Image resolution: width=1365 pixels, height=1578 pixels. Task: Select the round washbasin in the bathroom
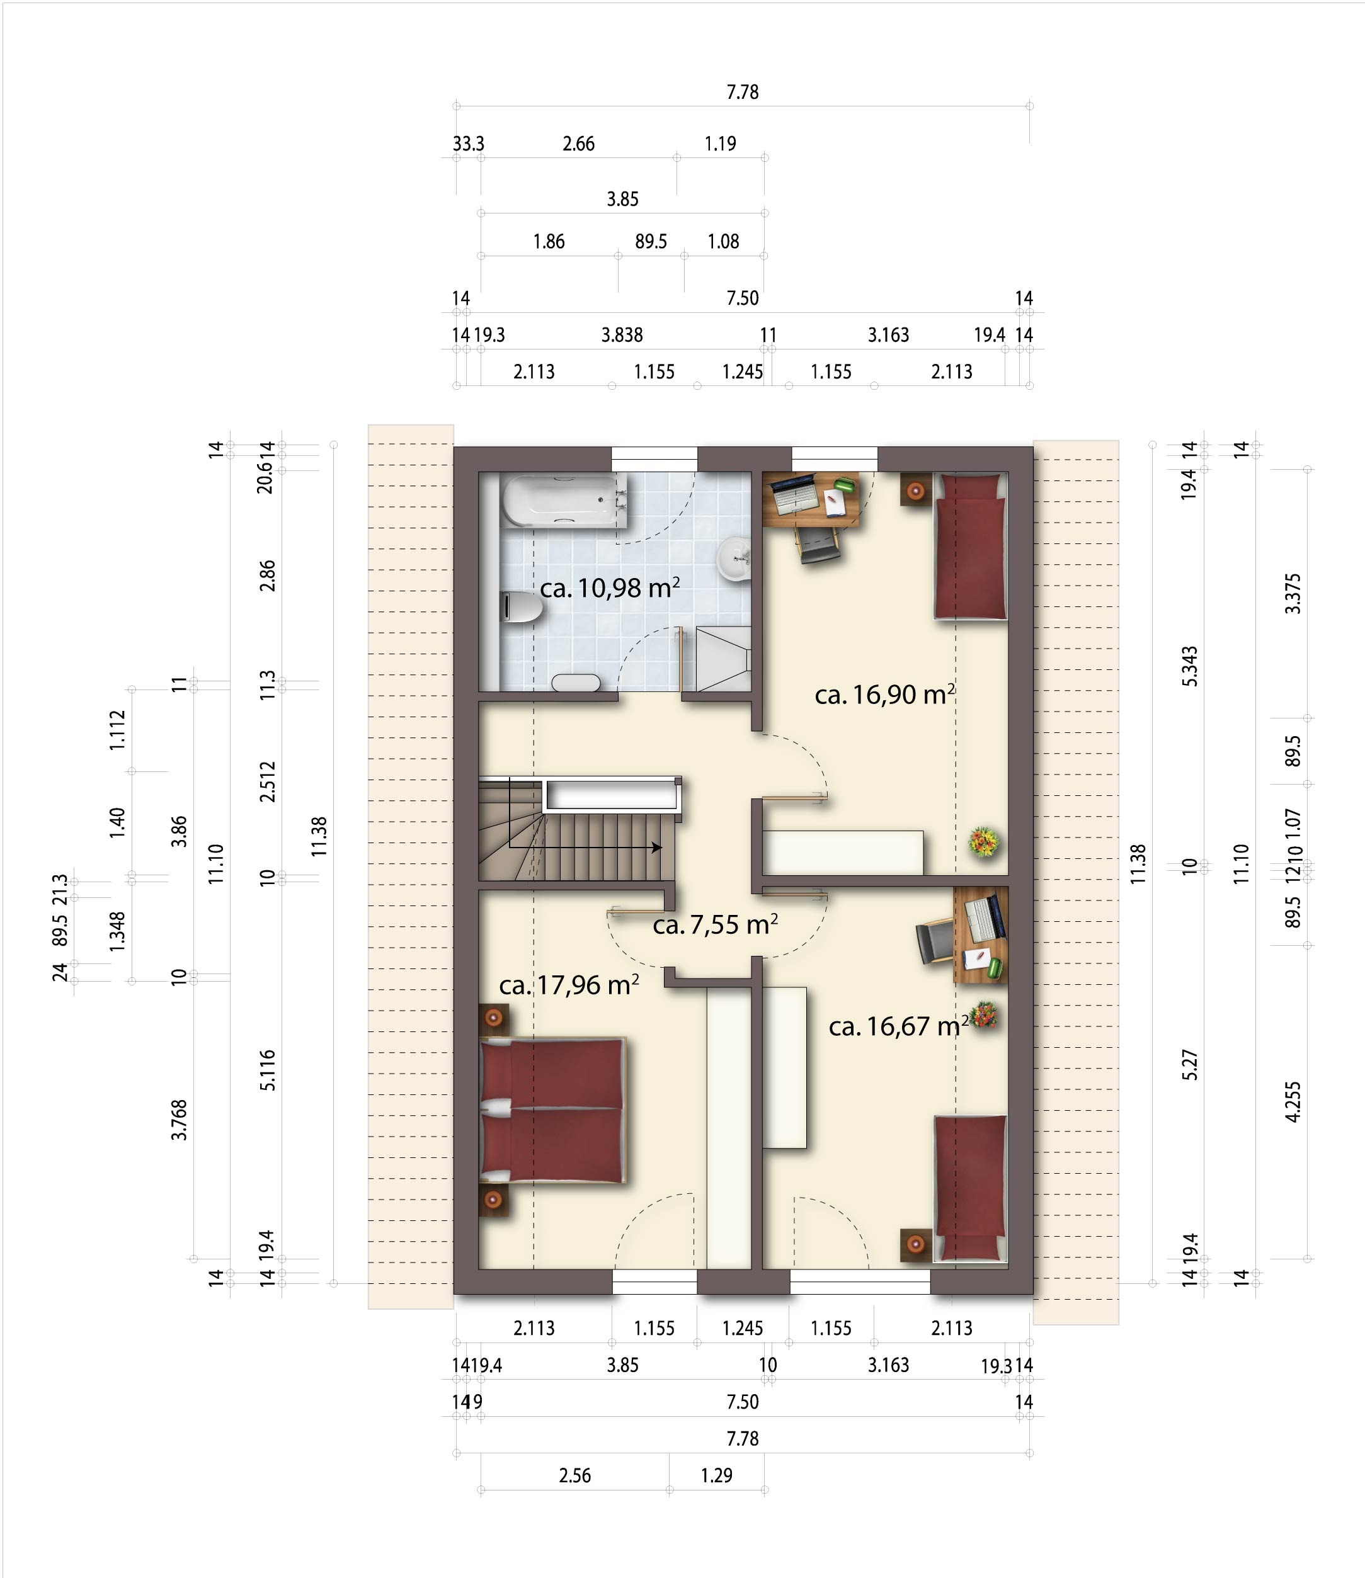pos(734,559)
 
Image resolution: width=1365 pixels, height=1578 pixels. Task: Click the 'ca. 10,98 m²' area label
pos(609,588)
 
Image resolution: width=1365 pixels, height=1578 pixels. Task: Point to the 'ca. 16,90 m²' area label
pos(884,695)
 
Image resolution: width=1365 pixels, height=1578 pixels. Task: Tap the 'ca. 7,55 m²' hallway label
pos(715,924)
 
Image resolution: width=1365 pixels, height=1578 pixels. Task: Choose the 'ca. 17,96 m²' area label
pos(569,985)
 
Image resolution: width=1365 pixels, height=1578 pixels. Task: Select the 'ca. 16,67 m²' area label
pos(898,1026)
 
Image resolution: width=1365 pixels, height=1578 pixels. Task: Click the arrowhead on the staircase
pos(656,847)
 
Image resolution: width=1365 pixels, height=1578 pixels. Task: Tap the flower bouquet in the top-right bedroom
pos(984,843)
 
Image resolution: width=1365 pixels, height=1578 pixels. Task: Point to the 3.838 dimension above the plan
pos(622,335)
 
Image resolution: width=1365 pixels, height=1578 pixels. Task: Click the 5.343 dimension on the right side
pos(1190,666)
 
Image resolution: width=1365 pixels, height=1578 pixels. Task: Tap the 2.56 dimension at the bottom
pos(575,1476)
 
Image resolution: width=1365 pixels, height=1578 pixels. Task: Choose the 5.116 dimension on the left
pos(267,1070)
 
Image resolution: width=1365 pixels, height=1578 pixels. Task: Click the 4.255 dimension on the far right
pos(1293,1102)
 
